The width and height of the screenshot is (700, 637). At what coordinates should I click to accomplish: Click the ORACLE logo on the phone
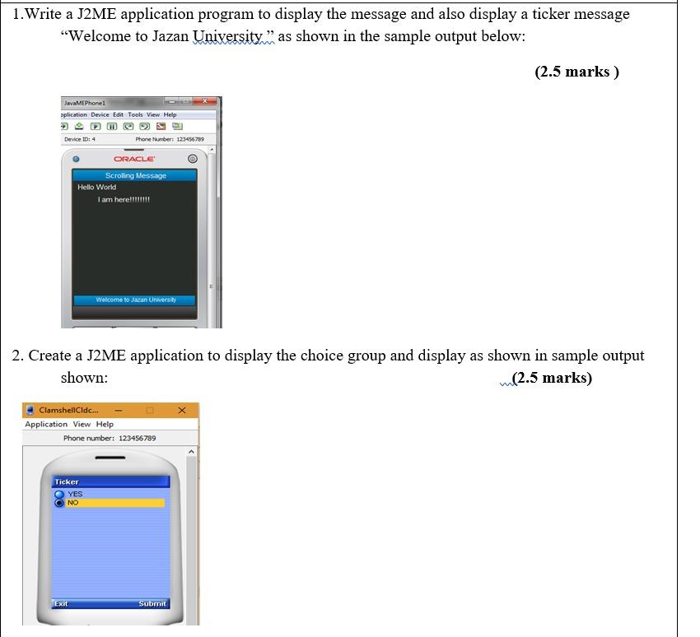coord(134,159)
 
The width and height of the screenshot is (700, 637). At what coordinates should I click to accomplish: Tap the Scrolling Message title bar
coord(135,175)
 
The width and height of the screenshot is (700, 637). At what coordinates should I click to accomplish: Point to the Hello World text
coord(97,188)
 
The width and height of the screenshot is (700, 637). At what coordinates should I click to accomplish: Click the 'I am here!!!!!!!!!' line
coord(124,200)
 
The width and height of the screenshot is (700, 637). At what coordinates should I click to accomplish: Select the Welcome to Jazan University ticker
coord(135,300)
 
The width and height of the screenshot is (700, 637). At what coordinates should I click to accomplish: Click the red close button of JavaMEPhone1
coord(204,102)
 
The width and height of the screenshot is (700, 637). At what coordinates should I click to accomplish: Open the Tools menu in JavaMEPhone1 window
coord(135,114)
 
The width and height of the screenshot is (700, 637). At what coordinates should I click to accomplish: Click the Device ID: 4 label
coord(80,139)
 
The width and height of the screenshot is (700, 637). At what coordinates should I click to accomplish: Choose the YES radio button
coord(59,494)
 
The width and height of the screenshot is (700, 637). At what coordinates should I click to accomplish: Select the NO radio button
coord(59,503)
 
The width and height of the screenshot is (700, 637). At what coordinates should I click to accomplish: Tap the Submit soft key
coord(152,603)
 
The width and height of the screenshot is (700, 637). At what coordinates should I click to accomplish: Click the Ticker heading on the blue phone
coord(67,482)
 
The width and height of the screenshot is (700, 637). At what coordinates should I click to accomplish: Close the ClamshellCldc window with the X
coord(182,410)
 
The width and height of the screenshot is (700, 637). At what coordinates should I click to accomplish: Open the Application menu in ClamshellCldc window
coord(46,425)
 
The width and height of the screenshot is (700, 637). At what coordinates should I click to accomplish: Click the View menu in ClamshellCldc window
coord(82,425)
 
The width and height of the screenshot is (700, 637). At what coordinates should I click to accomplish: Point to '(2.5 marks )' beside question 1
coord(576,72)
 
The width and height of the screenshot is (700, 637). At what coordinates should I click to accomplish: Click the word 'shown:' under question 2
coord(84,378)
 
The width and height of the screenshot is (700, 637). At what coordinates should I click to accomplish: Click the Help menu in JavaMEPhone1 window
coord(170,114)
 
